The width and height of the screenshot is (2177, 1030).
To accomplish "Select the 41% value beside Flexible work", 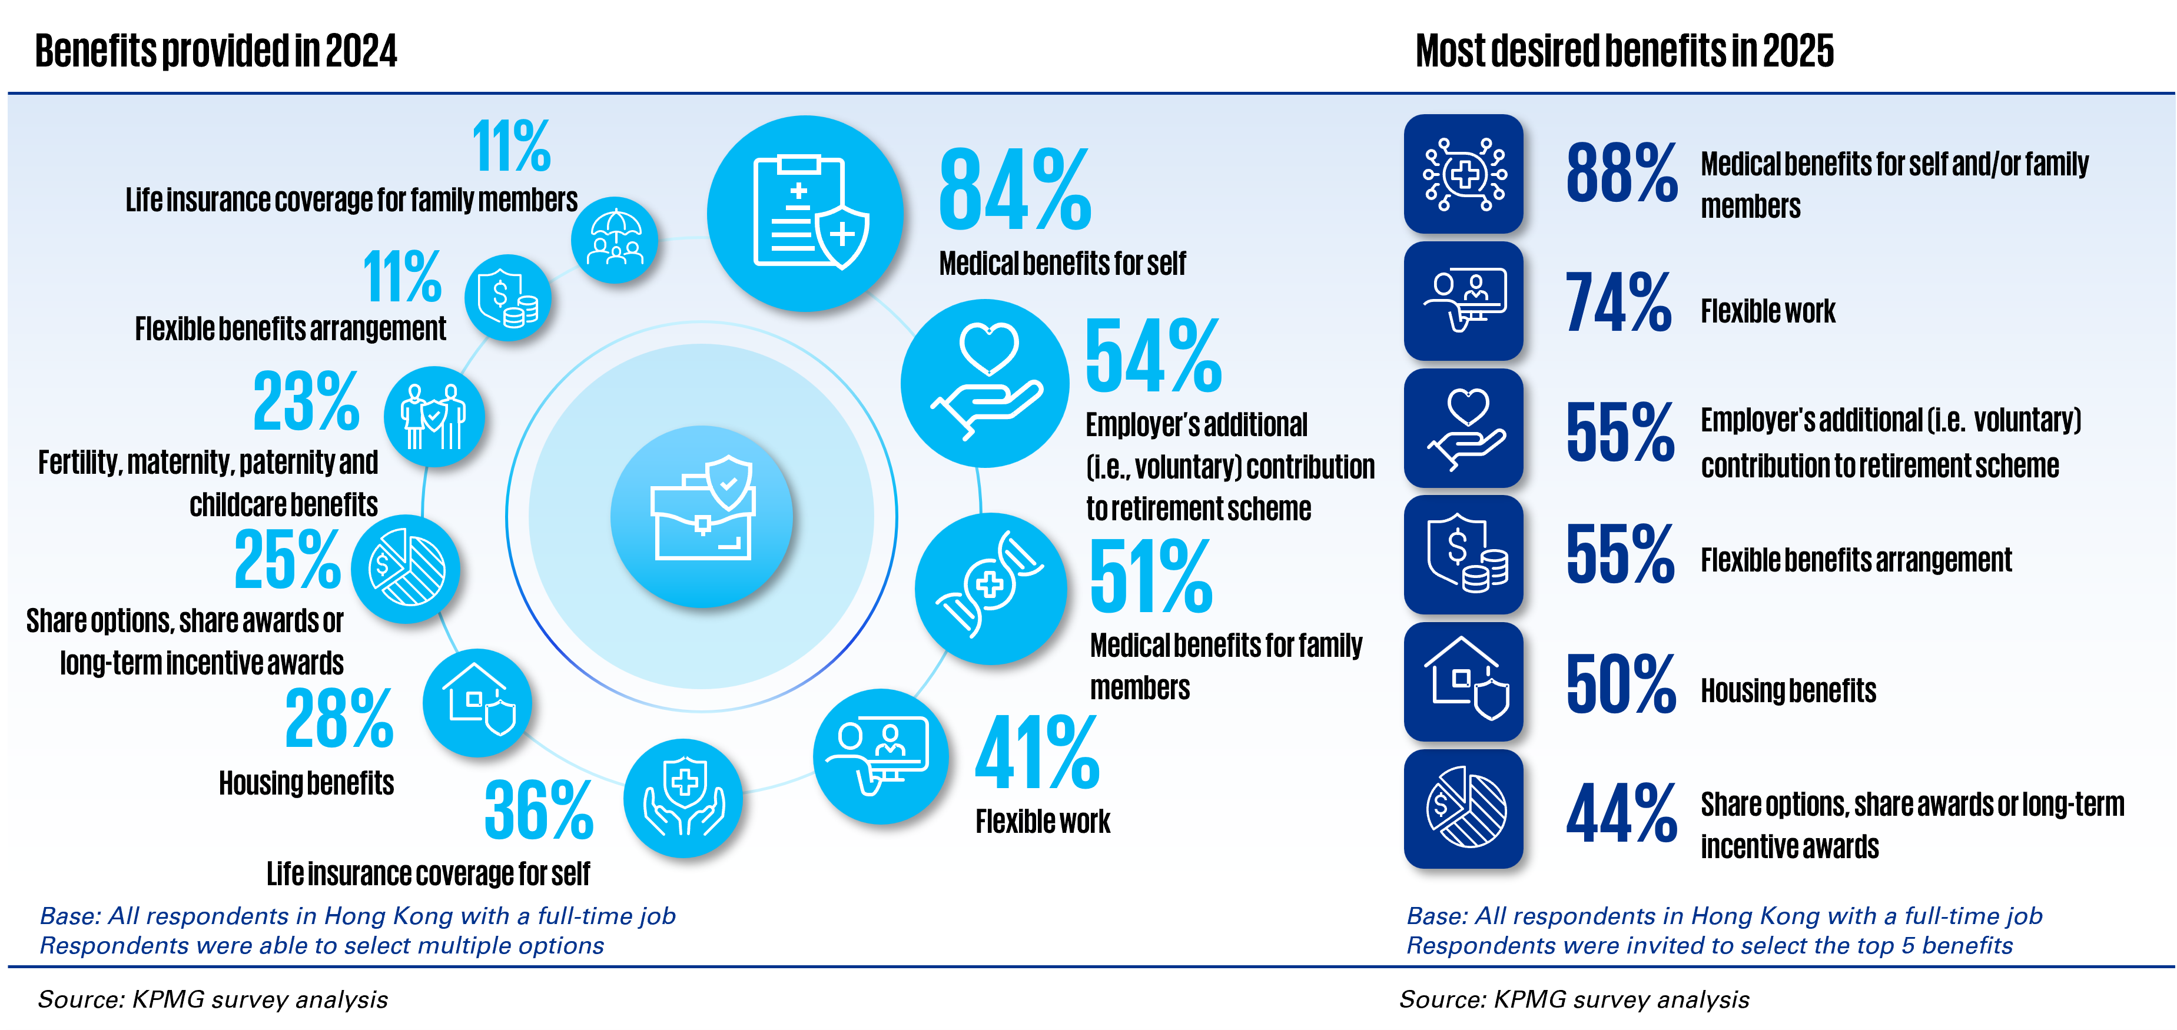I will click(x=1037, y=752).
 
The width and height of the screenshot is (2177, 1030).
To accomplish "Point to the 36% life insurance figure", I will click(x=538, y=810).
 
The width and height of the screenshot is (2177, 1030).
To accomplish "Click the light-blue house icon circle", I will click(x=477, y=702).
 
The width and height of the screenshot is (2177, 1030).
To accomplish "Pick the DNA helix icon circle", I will click(x=990, y=587).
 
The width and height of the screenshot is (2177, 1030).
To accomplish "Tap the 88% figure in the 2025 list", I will click(x=1621, y=173).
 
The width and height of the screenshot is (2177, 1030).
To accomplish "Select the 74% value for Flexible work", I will click(x=1618, y=302).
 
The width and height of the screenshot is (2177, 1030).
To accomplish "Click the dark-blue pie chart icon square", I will click(x=1463, y=809).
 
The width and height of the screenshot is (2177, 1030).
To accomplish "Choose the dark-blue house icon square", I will click(x=1463, y=682).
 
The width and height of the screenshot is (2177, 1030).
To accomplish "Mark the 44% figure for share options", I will click(x=1621, y=813).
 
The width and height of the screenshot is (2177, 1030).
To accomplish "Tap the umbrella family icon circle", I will click(x=615, y=239).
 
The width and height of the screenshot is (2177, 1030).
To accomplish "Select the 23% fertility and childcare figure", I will click(x=306, y=401).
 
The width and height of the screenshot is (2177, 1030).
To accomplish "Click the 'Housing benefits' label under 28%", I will click(x=306, y=783).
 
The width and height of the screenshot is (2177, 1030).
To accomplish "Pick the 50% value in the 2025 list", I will click(x=1620, y=685).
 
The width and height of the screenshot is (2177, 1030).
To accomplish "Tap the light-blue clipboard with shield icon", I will click(x=805, y=213).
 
